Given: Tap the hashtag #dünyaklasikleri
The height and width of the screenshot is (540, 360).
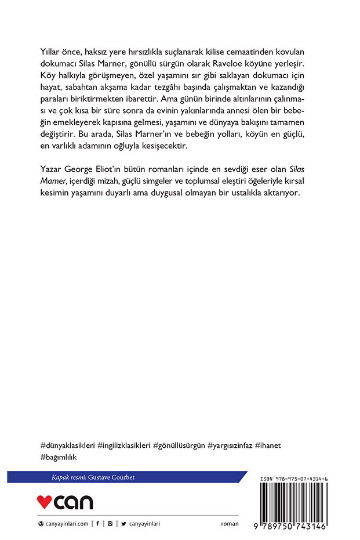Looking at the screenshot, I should (68, 445).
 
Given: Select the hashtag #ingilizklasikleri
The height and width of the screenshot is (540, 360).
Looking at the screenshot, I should (124, 445).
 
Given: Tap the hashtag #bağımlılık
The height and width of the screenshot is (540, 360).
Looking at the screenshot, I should (59, 458).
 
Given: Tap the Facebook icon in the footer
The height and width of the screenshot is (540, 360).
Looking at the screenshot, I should (97, 523).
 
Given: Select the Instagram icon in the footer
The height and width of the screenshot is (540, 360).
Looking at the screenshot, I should (110, 523).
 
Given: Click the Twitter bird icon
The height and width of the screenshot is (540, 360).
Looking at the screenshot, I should (124, 523).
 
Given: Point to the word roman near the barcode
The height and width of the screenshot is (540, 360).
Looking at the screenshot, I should (230, 523).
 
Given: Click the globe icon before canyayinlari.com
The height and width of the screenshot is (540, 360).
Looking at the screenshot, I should (41, 523).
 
